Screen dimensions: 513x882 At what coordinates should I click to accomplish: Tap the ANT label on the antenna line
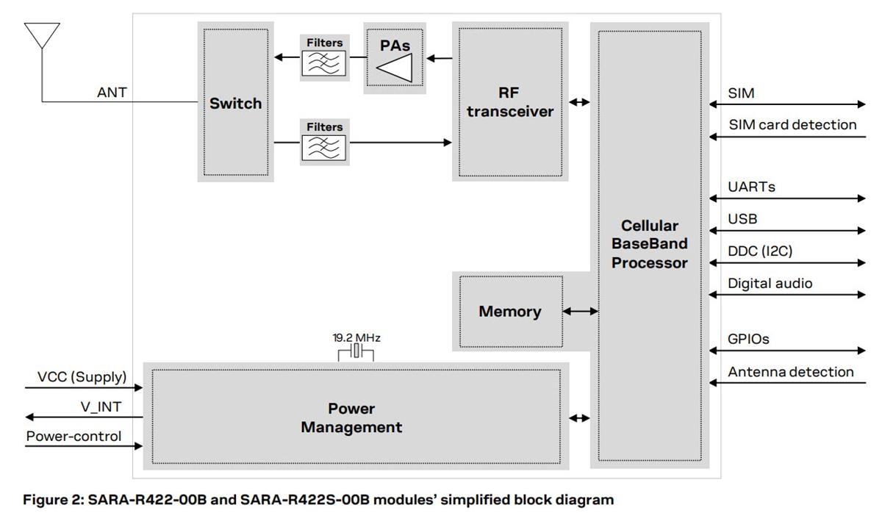click(x=112, y=93)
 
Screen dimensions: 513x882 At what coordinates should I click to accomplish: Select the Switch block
click(x=235, y=103)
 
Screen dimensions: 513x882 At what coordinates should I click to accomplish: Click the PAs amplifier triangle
click(x=395, y=68)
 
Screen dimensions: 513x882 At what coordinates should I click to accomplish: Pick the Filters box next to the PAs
click(x=324, y=57)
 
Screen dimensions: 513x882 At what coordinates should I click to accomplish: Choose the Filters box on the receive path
click(x=324, y=142)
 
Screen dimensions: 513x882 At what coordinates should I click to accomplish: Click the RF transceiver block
click(x=509, y=102)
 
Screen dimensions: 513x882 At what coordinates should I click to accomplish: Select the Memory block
click(x=509, y=312)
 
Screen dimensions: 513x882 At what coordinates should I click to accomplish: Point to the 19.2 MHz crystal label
click(x=356, y=338)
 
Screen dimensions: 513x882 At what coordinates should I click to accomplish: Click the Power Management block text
click(x=351, y=417)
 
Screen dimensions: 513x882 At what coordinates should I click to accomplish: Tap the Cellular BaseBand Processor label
click(x=649, y=244)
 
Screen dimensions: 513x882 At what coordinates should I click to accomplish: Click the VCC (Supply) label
click(x=82, y=377)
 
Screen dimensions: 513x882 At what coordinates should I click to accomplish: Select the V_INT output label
click(x=101, y=406)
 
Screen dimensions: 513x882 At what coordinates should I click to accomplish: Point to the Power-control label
click(x=73, y=436)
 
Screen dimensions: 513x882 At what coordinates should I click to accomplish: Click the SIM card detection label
click(x=792, y=125)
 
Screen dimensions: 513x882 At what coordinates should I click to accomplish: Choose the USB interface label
click(x=742, y=219)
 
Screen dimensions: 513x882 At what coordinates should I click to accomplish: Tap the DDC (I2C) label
click(x=760, y=251)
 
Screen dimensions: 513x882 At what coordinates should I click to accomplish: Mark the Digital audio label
click(x=770, y=283)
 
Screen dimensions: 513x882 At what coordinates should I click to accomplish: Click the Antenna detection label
click(x=791, y=372)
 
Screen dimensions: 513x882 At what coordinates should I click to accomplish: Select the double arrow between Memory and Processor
click(x=581, y=312)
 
